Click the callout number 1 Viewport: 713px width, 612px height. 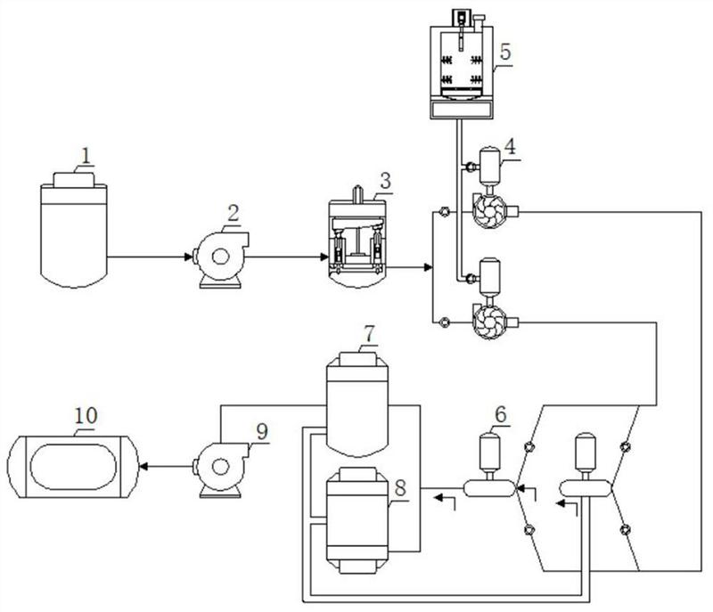[x=86, y=156]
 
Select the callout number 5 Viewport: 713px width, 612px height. [x=504, y=52]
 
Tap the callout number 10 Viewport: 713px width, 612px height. [x=86, y=415]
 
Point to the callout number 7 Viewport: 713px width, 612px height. [x=369, y=334]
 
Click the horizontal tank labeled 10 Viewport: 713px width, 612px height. [x=73, y=467]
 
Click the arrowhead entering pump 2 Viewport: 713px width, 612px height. [x=188, y=257]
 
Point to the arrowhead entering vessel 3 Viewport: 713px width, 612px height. [x=324, y=257]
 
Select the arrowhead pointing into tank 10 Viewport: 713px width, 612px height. [x=143, y=466]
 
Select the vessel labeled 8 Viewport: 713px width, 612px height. [x=357, y=520]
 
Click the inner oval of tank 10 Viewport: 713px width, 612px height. [x=73, y=467]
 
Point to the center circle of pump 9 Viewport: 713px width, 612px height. [x=220, y=467]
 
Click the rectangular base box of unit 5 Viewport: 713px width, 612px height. [x=461, y=109]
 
